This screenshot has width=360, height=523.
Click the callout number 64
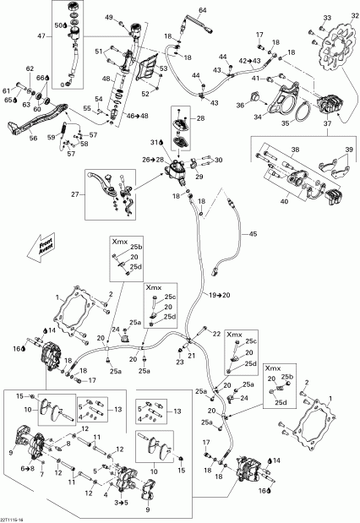point(202,10)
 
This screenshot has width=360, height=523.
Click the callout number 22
point(216,334)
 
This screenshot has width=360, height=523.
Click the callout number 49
point(108,18)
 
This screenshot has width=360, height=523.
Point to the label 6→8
point(28,467)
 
